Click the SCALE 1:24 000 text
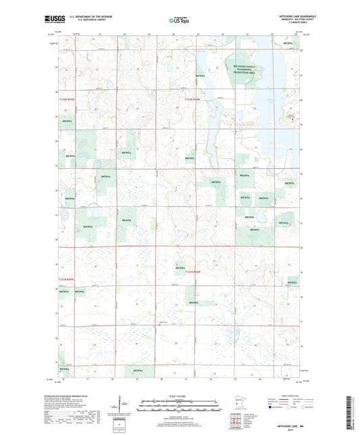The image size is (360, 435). (x=178, y=395)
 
